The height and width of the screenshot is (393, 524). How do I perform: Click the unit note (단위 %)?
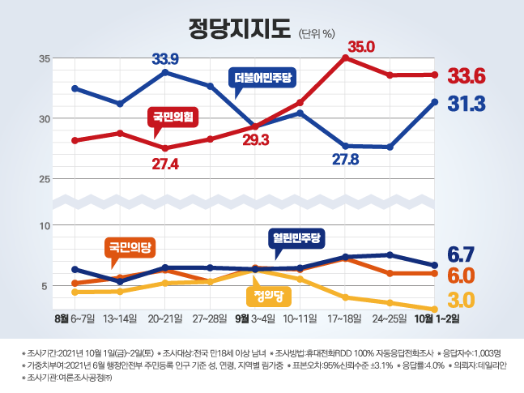pos(318,33)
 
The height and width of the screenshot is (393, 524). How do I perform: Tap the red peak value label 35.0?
pos(360,46)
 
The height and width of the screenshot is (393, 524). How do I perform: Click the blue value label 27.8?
pos(345,160)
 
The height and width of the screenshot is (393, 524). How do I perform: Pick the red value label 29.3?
pos(256,139)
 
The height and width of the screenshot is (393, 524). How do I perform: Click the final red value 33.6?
pos(466,77)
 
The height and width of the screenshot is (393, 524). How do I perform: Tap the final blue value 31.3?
pos(466,104)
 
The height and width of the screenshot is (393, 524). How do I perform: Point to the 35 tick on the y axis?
pos(45,58)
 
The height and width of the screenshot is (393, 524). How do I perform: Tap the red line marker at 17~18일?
pos(346,58)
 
